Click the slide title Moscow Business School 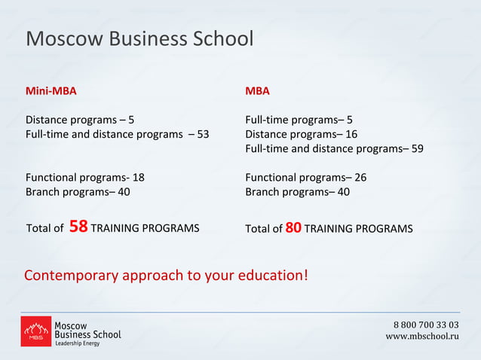(139, 39)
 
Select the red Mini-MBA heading (51, 91)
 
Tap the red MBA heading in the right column (257, 91)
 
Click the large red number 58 (78, 227)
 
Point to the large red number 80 (293, 227)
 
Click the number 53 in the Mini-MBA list (203, 134)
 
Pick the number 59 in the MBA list (417, 148)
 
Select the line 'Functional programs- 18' (85, 178)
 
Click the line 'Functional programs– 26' (305, 178)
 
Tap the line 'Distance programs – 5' (80, 120)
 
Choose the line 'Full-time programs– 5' (299, 120)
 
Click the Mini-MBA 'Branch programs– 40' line (78, 192)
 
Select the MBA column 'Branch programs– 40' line (297, 192)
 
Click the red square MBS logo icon (35, 331)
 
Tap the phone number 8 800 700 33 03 (426, 325)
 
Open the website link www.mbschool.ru (422, 336)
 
